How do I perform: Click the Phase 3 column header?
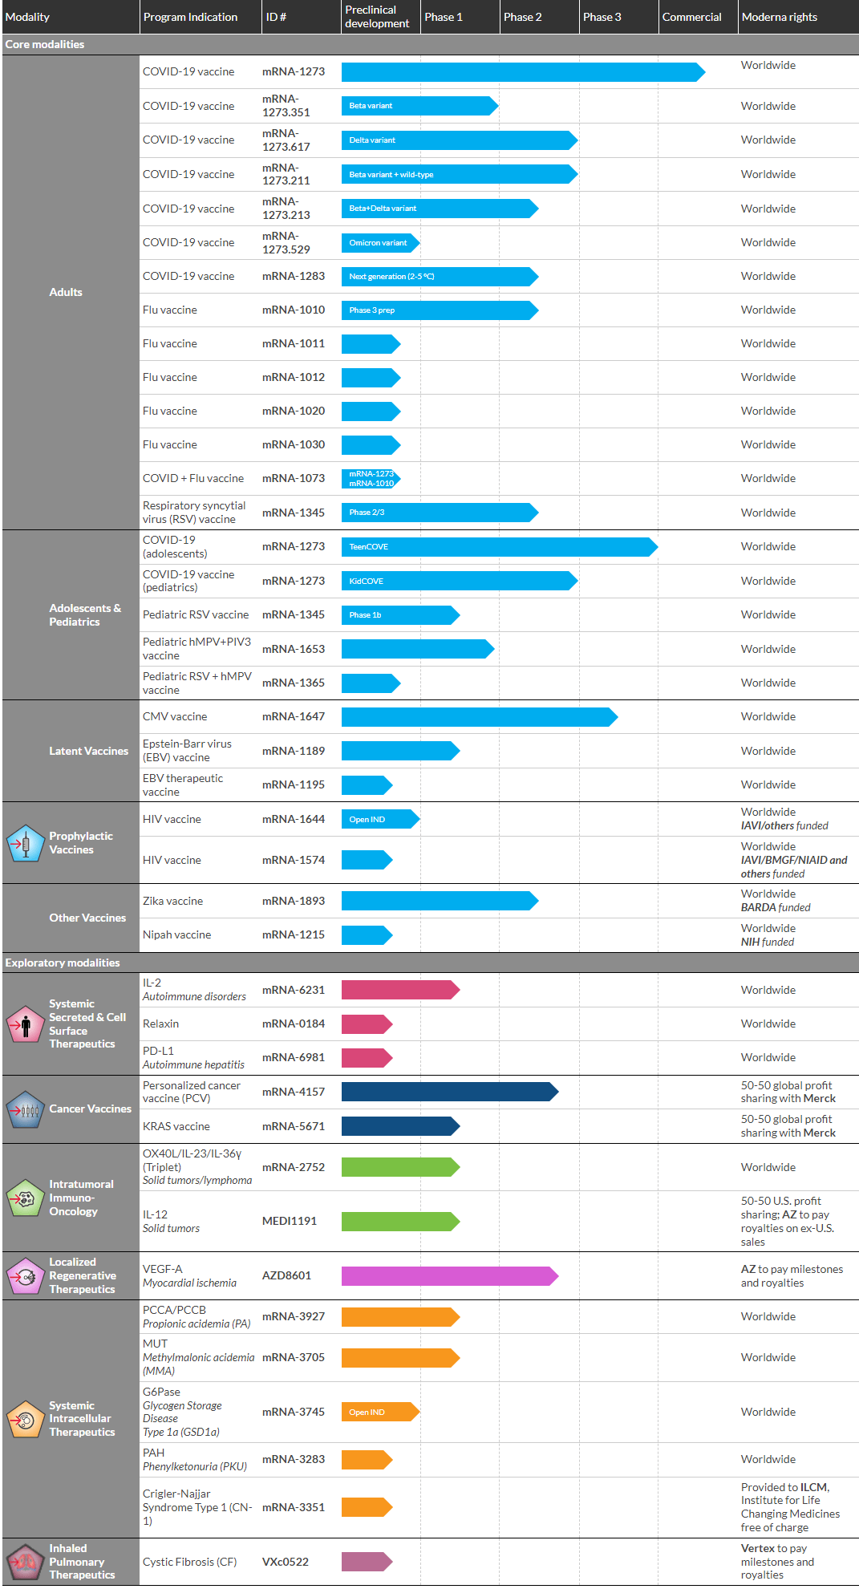click(602, 17)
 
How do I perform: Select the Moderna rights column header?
click(779, 17)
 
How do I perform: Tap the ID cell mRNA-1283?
click(293, 276)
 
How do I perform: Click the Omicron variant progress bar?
click(379, 242)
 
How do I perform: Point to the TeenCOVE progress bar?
click(498, 546)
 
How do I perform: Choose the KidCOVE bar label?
click(367, 581)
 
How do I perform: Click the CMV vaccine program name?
click(175, 716)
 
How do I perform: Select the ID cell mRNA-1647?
click(293, 716)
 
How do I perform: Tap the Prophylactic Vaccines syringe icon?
click(25, 843)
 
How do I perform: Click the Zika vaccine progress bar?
click(439, 901)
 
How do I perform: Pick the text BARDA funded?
click(776, 907)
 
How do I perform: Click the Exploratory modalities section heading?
click(63, 963)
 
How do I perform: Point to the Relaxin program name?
click(160, 1024)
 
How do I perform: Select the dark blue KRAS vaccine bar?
click(399, 1126)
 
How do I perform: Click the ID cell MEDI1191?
click(289, 1221)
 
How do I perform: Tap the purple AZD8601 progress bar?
click(448, 1275)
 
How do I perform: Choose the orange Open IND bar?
click(379, 1412)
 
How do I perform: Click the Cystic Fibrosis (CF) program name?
click(189, 1562)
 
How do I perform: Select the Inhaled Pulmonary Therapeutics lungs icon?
click(25, 1563)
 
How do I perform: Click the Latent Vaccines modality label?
click(88, 751)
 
